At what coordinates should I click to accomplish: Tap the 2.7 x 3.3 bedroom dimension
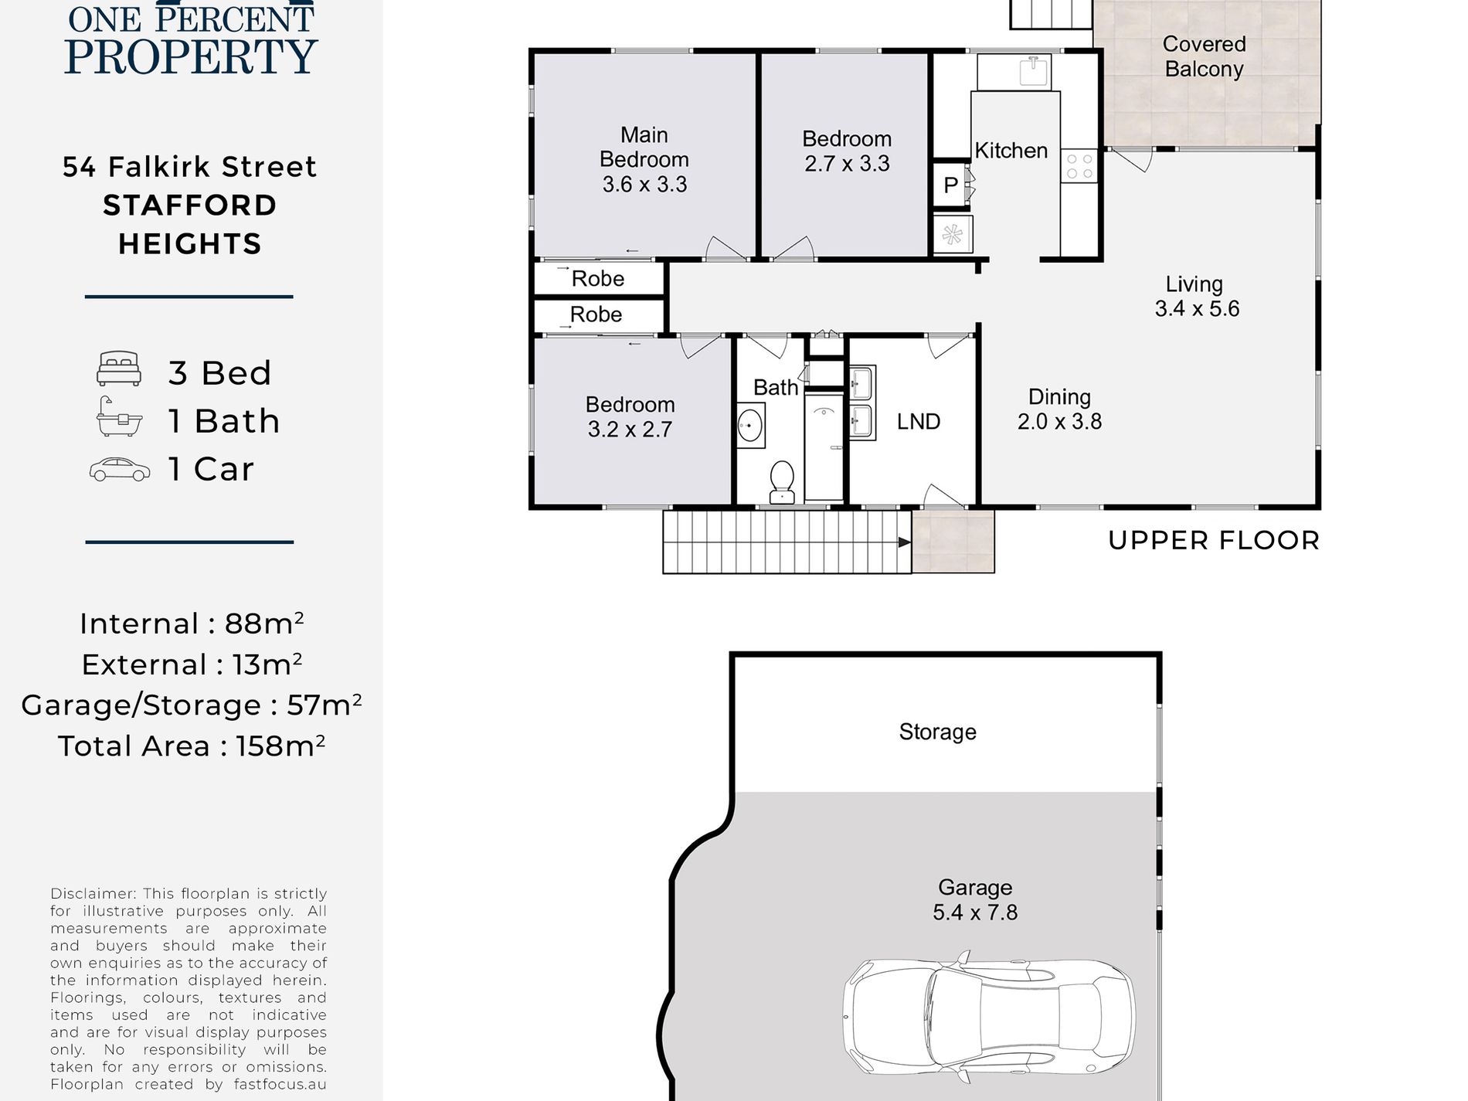(x=847, y=164)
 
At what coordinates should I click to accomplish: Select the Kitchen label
(x=1011, y=150)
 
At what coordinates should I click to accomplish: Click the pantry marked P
(x=950, y=185)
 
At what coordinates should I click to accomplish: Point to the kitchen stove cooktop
(x=1079, y=165)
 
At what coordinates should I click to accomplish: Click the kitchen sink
(x=1033, y=71)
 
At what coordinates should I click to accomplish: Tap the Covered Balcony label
(x=1204, y=56)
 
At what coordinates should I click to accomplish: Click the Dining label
(x=1059, y=396)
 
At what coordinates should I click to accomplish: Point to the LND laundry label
(x=919, y=421)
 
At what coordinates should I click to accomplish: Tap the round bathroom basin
(x=749, y=424)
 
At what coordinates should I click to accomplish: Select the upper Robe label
(x=598, y=278)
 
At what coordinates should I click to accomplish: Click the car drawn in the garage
(x=989, y=1018)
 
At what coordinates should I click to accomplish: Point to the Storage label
(x=937, y=732)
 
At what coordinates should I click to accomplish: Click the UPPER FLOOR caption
(x=1214, y=540)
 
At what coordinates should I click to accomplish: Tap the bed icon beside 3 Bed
(x=119, y=369)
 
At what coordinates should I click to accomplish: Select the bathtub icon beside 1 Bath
(x=119, y=417)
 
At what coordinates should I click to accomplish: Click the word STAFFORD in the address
(x=190, y=206)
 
